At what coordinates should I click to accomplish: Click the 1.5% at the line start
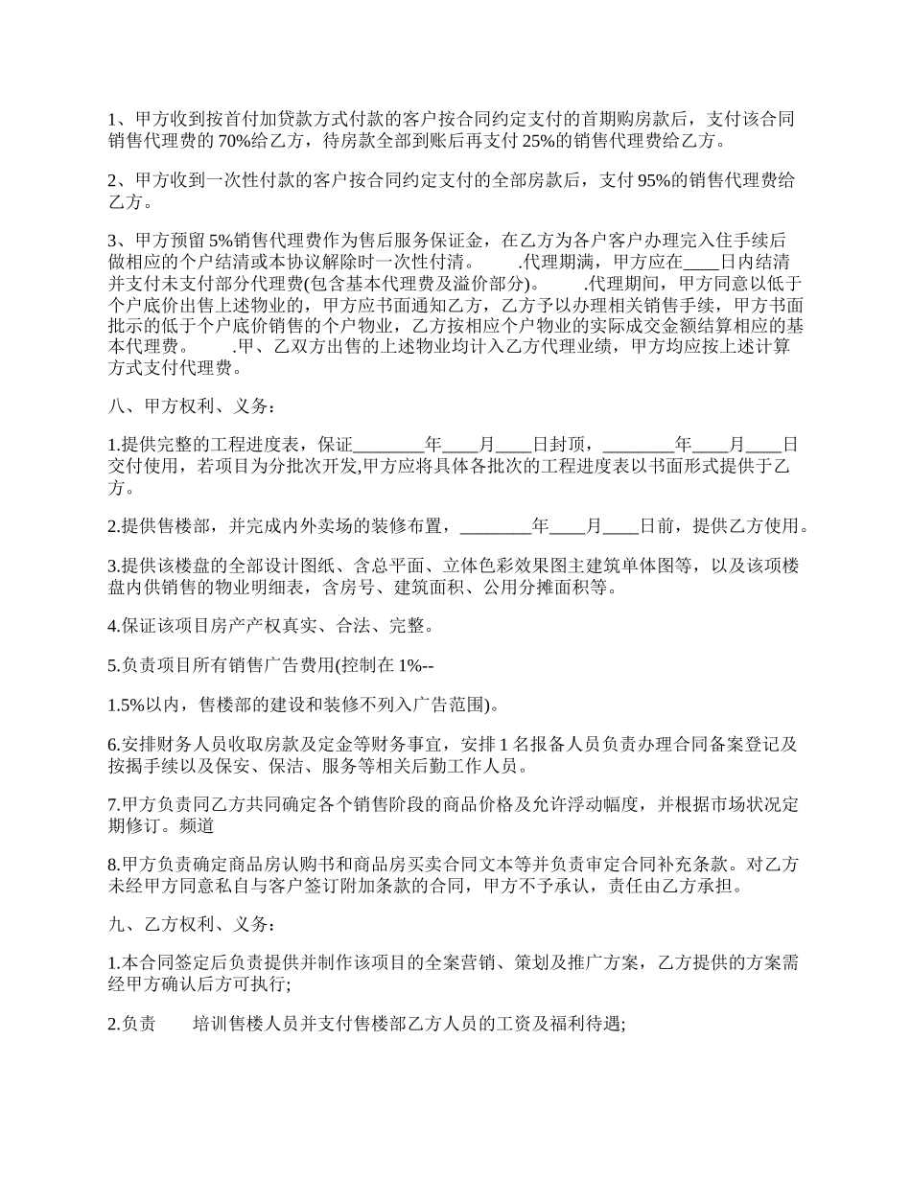pos(126,705)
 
